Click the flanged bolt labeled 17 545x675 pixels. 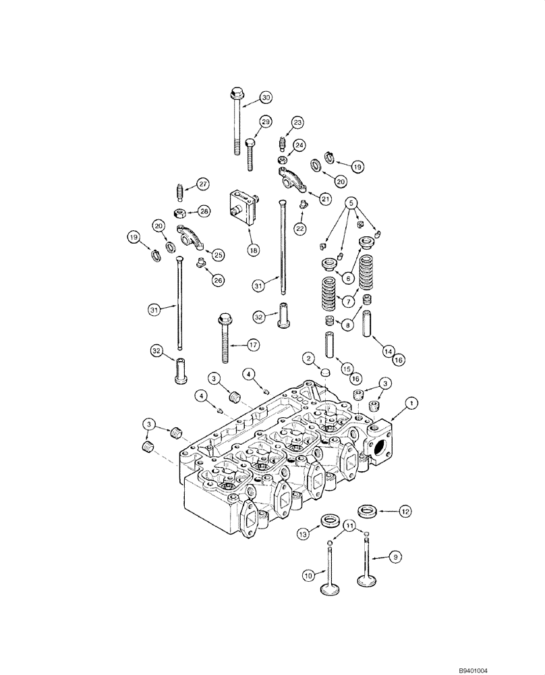(x=223, y=337)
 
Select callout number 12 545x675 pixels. (x=404, y=512)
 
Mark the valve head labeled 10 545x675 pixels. (x=330, y=590)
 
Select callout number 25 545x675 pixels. (x=217, y=254)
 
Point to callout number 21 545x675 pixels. (x=326, y=198)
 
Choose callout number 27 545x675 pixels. (x=203, y=184)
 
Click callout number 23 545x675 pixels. (x=298, y=122)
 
